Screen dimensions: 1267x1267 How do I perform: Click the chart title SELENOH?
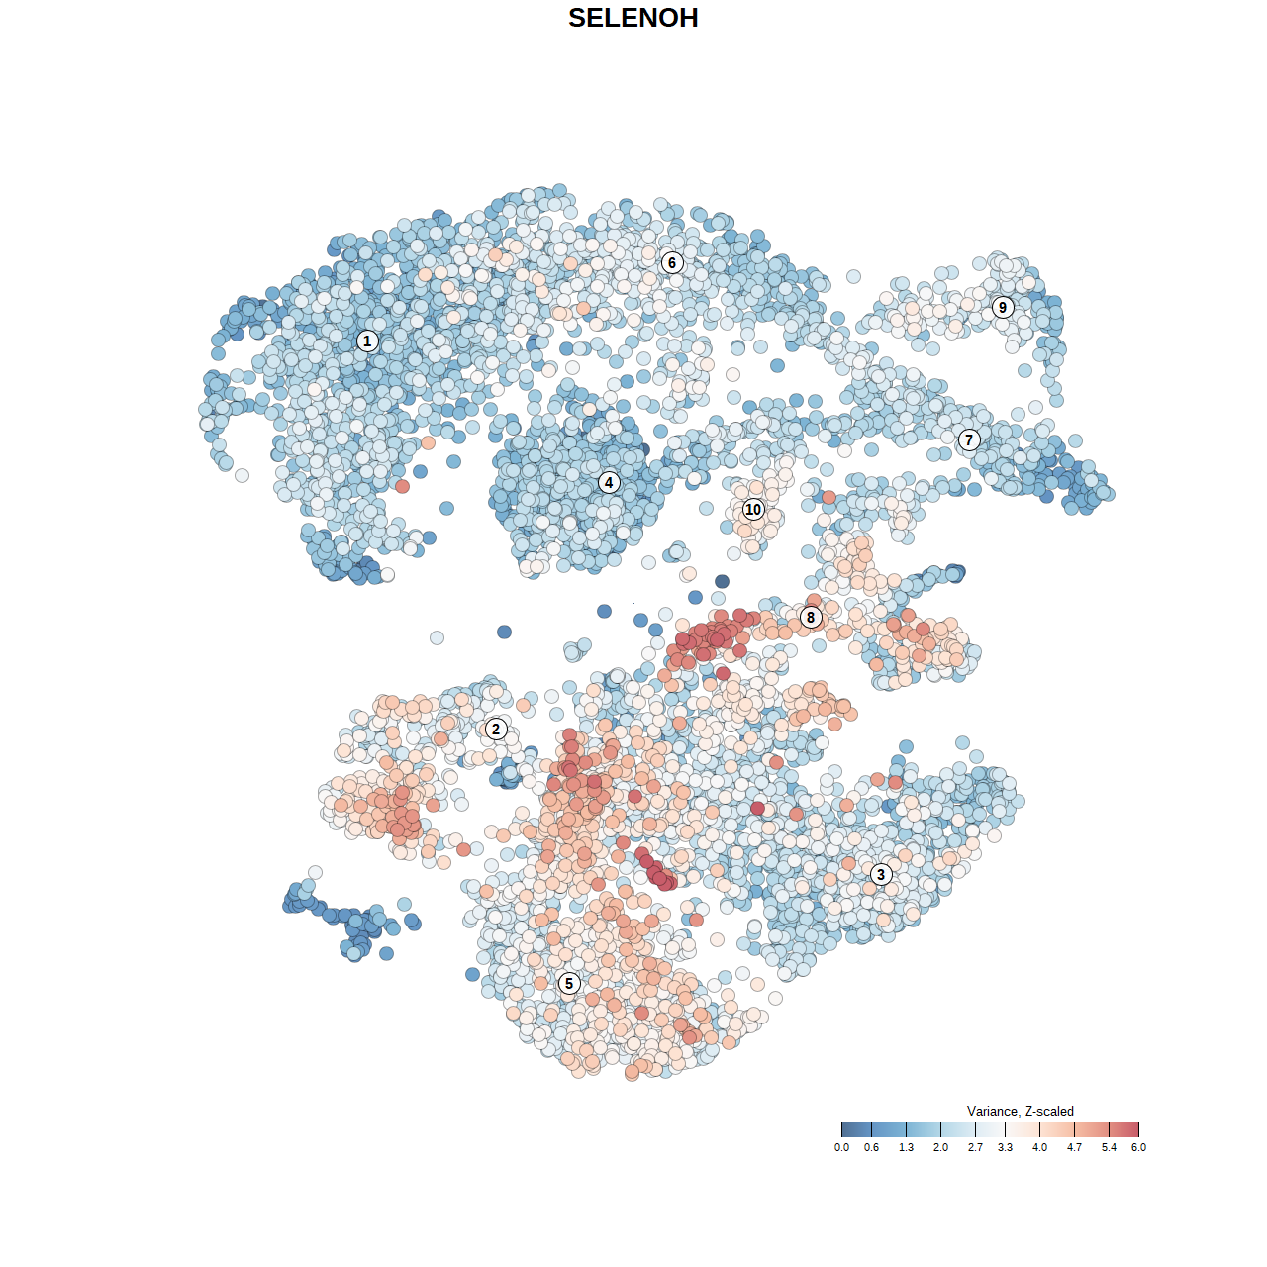point(633,18)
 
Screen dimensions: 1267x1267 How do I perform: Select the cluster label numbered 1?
point(367,341)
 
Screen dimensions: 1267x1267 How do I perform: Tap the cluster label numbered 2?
point(496,730)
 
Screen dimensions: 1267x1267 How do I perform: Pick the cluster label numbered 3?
point(881,874)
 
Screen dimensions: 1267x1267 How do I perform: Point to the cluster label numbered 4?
point(609,482)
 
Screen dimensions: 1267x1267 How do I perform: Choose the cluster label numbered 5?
point(569,983)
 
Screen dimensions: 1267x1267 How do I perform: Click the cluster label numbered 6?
point(672,262)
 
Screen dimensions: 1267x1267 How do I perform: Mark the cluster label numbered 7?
point(969,439)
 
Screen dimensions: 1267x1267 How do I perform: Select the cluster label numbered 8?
point(811,618)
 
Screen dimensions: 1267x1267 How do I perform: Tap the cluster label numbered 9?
point(1003,307)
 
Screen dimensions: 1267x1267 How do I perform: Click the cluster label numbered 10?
point(753,509)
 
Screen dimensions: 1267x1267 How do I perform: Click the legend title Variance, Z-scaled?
point(1020,1111)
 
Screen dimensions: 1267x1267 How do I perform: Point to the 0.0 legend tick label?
point(841,1148)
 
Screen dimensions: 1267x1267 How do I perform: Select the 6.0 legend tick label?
point(1138,1148)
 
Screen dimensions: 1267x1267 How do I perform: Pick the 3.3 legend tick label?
point(1005,1148)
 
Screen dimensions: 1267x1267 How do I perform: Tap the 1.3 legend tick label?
point(906,1148)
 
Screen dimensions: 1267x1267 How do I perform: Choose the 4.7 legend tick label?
point(1074,1148)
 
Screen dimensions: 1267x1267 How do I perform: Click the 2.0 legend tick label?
point(940,1148)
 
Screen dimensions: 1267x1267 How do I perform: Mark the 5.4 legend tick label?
point(1109,1148)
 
